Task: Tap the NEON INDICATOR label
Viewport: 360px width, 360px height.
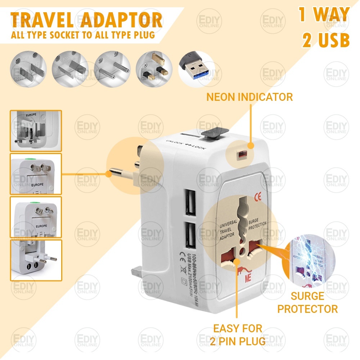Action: pyautogui.click(x=249, y=96)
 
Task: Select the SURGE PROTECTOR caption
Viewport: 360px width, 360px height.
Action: pyautogui.click(x=307, y=302)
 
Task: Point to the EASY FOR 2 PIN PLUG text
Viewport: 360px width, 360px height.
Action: pyautogui.click(x=238, y=334)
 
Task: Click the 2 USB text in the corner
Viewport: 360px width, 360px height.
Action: pyautogui.click(x=326, y=41)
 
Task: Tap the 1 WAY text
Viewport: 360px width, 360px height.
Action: pyautogui.click(x=324, y=14)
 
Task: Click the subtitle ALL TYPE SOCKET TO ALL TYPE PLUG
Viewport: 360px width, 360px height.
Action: pyautogui.click(x=83, y=36)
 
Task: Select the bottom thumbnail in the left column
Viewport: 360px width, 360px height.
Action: pyautogui.click(x=36, y=260)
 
